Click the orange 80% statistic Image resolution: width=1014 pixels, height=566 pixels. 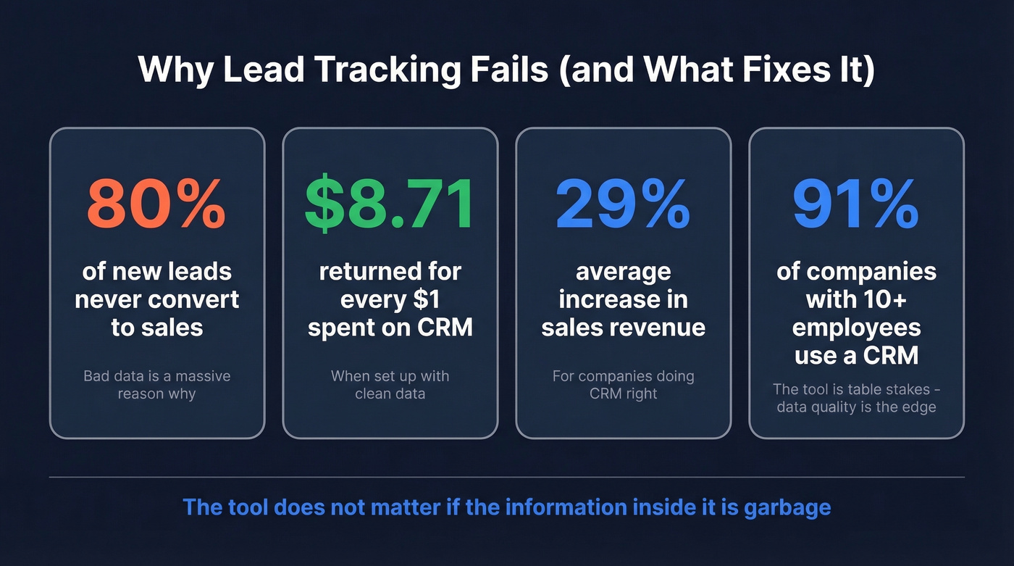point(156,205)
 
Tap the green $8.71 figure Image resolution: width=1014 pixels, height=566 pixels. point(390,205)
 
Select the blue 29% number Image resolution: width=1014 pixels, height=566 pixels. point(623,205)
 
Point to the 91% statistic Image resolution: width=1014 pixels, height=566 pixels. point(856,205)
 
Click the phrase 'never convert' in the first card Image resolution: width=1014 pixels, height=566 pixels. point(157,299)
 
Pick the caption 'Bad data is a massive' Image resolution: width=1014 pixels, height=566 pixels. point(157,376)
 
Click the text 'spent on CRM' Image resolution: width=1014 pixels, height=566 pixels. point(390,327)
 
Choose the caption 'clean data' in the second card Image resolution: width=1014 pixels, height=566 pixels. point(390,394)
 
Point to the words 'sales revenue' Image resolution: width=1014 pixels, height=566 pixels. point(623,327)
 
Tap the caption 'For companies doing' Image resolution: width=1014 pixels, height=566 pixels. point(623,376)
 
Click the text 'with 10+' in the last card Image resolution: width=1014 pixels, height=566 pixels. point(856,299)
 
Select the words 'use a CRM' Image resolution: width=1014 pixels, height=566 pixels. point(856,355)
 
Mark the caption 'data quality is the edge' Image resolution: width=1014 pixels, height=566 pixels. point(856,407)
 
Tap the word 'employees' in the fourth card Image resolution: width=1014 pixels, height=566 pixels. point(856,327)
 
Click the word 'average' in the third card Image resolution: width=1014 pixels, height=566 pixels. point(623,272)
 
